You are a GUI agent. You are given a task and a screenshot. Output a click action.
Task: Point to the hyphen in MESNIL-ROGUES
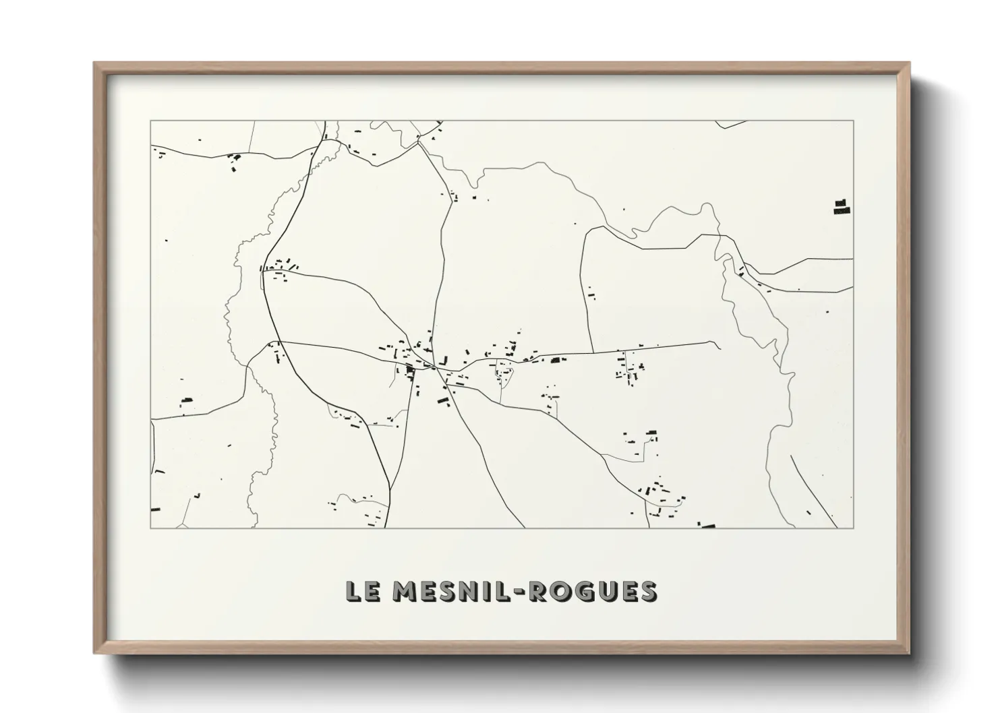click(520, 592)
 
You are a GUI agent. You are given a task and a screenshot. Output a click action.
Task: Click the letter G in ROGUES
click(583, 591)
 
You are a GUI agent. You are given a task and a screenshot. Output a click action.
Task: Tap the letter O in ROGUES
click(560, 591)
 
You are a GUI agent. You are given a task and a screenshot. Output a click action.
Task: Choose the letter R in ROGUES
click(537, 591)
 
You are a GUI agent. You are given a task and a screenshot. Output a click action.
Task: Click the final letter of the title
click(647, 591)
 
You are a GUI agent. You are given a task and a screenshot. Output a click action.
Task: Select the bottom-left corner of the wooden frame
click(94, 653)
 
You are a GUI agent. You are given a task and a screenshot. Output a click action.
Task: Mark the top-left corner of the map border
click(150, 121)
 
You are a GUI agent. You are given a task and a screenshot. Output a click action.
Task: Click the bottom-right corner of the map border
click(854, 528)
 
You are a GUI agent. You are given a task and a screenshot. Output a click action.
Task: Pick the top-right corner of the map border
click(854, 121)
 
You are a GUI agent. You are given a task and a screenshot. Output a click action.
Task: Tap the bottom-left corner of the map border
click(150, 528)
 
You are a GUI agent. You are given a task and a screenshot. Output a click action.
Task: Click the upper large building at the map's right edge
click(840, 202)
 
